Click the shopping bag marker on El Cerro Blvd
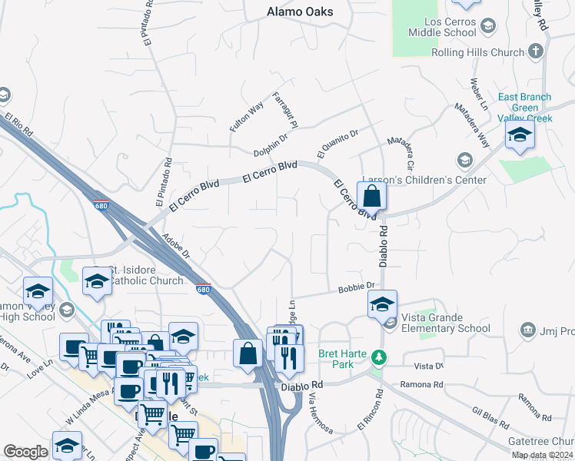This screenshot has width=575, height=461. coord(371,197)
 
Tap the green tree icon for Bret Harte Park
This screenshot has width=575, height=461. coord(378,357)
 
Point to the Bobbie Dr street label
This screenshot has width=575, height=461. coord(356,287)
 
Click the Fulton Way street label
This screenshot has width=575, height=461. coord(247,116)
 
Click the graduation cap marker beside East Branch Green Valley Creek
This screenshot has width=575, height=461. coord(520,136)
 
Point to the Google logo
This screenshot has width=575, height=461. coord(25,452)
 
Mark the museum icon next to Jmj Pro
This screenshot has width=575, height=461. coord(527,330)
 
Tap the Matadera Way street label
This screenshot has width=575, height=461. coord(472,124)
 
